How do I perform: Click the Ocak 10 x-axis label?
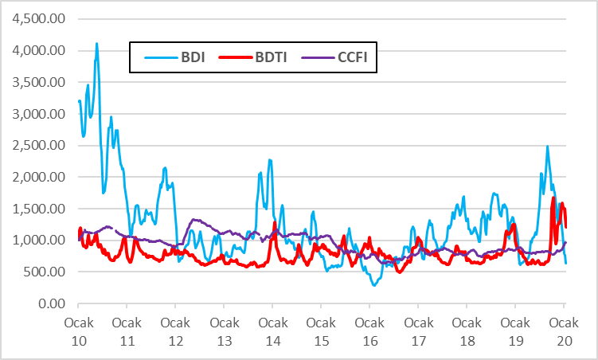[x=78, y=332]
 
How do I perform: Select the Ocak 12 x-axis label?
[x=175, y=332]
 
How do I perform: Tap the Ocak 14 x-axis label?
[x=272, y=332]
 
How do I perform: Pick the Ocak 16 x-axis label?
[x=369, y=332]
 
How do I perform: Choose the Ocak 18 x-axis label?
[x=467, y=332]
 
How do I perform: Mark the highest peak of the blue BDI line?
[x=97, y=44]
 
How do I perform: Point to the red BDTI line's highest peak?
[x=553, y=198]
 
